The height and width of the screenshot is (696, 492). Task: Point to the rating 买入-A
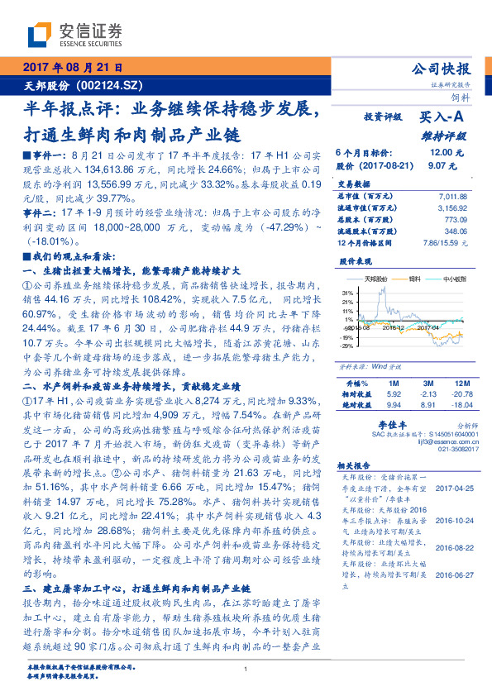click(x=446, y=118)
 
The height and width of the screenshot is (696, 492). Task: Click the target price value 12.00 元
click(x=442, y=153)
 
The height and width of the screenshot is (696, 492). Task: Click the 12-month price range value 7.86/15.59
click(x=444, y=241)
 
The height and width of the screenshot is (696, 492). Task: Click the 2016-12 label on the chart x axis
click(x=390, y=328)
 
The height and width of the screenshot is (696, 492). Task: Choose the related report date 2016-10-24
click(x=453, y=521)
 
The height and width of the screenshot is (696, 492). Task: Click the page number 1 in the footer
click(x=246, y=669)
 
